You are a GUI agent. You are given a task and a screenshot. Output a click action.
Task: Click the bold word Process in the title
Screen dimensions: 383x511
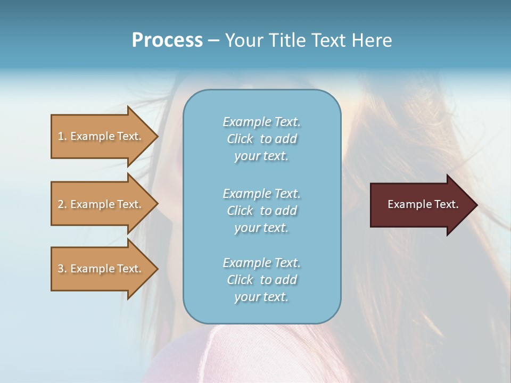pyautogui.click(x=167, y=40)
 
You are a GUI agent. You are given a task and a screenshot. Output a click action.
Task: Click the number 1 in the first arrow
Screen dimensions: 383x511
pyautogui.click(x=61, y=136)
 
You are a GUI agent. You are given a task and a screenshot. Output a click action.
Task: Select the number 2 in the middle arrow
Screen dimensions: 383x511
pyautogui.click(x=61, y=204)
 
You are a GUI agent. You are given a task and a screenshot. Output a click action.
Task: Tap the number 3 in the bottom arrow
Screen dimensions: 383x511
pyautogui.click(x=61, y=269)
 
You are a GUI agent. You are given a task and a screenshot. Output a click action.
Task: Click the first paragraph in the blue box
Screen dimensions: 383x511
pyautogui.click(x=261, y=139)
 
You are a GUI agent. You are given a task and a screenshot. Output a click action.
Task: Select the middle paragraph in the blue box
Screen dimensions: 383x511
pyautogui.click(x=261, y=211)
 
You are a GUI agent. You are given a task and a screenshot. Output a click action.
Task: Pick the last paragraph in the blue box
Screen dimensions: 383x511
pyautogui.click(x=261, y=280)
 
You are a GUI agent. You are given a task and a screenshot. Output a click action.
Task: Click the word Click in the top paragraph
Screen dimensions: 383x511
pyautogui.click(x=240, y=139)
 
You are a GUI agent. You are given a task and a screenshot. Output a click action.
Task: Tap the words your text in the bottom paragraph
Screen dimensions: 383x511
pyautogui.click(x=261, y=297)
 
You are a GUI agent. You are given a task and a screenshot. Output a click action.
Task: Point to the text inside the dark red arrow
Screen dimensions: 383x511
pyautogui.click(x=423, y=204)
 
